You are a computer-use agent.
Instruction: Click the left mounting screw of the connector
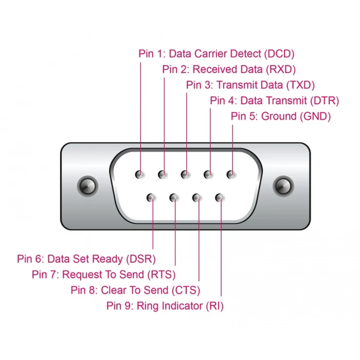click(x=87, y=185)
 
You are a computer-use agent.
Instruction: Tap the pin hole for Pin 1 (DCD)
click(x=140, y=174)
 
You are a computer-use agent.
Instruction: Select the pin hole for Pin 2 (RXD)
click(x=163, y=174)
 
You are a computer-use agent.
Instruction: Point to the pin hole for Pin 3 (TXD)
click(x=186, y=174)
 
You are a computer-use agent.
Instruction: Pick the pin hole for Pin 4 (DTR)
click(x=209, y=174)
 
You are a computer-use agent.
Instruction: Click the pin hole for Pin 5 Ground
click(x=231, y=174)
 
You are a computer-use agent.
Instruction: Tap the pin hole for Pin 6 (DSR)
click(x=152, y=197)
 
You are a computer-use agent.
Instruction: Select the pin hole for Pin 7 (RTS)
click(x=174, y=197)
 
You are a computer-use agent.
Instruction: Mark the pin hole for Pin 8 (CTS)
click(x=197, y=197)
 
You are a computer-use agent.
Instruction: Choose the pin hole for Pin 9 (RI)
click(x=220, y=197)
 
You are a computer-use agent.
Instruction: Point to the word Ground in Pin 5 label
click(x=279, y=116)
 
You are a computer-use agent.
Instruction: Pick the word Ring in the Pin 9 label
click(x=146, y=306)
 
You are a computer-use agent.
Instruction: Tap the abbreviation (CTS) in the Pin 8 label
click(x=186, y=291)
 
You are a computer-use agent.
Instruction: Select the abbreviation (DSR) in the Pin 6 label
click(x=141, y=259)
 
